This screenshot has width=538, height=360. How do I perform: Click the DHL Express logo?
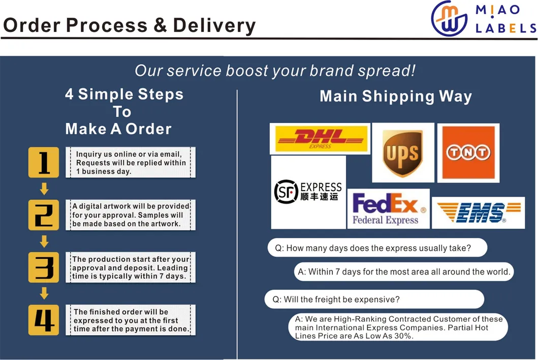[320, 139]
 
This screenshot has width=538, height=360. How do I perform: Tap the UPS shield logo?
[403, 153]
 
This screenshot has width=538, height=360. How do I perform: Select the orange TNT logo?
[468, 153]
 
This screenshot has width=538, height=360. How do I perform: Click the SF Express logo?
[308, 192]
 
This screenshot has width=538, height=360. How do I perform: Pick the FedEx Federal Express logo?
[389, 208]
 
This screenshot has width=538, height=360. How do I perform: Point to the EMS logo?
[478, 213]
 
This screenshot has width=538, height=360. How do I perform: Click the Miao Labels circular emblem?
[449, 18]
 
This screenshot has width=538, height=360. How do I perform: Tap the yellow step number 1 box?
[44, 163]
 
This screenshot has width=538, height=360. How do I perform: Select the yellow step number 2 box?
[44, 215]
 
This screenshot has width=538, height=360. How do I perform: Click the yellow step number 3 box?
[44, 267]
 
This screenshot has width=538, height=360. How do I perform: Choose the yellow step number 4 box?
[44, 320]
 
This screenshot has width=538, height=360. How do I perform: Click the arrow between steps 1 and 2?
[44, 189]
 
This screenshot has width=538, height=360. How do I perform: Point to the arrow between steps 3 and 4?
[44, 293]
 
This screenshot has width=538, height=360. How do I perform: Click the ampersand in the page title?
[160, 25]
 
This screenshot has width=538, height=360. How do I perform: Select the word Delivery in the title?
[214, 26]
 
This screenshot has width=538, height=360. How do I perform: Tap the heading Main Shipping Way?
[396, 96]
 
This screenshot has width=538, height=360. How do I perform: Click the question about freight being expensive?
[336, 299]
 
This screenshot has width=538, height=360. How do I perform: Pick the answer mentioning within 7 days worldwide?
[404, 272]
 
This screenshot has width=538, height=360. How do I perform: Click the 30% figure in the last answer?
[402, 336]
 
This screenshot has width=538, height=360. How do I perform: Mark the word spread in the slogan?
[386, 71]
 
